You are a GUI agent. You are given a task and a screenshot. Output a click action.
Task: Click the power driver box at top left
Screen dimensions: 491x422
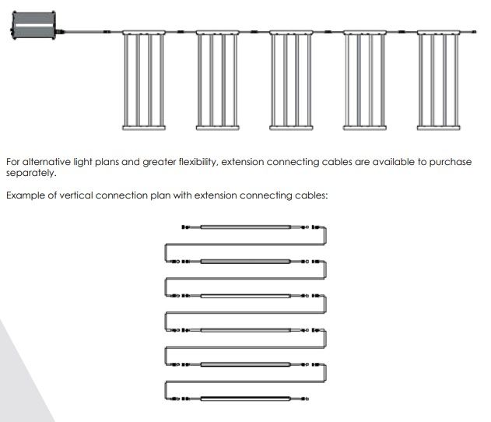tap(33, 26)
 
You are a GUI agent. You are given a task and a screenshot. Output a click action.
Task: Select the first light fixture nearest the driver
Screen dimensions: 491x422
tap(144, 80)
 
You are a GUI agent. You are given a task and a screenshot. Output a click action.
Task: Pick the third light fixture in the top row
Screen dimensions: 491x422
tap(291, 80)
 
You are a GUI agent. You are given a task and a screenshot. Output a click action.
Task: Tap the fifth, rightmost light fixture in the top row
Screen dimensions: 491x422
tap(439, 80)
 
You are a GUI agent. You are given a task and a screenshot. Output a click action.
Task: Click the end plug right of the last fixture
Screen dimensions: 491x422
tap(475, 32)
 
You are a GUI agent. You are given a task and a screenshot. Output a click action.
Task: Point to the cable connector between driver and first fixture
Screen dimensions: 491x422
tap(107, 32)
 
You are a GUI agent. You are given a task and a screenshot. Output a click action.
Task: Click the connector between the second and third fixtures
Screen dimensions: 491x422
tap(254, 32)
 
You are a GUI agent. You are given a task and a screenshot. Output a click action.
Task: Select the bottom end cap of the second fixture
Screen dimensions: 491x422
tap(218, 128)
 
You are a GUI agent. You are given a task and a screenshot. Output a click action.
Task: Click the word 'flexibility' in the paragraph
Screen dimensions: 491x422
tap(198, 162)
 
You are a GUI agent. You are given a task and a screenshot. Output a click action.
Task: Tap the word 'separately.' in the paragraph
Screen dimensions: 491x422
tap(31, 173)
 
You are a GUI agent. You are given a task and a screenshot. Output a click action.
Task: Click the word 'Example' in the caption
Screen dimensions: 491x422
tap(26, 195)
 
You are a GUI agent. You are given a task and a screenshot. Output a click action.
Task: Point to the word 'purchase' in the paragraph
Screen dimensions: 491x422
tap(451, 162)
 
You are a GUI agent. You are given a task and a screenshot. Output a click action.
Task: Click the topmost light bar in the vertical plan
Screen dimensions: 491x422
tap(246, 227)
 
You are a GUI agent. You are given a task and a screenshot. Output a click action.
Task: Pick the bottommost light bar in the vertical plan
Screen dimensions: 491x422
tap(246, 399)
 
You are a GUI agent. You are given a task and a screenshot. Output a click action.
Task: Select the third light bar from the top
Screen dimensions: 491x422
tap(246, 296)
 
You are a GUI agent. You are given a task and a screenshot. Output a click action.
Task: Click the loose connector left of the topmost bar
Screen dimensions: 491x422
tap(185, 227)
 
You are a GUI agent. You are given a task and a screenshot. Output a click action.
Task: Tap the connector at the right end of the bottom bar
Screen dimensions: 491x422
tap(304, 399)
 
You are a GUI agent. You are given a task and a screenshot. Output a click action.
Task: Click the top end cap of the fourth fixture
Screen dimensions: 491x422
tap(365, 32)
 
